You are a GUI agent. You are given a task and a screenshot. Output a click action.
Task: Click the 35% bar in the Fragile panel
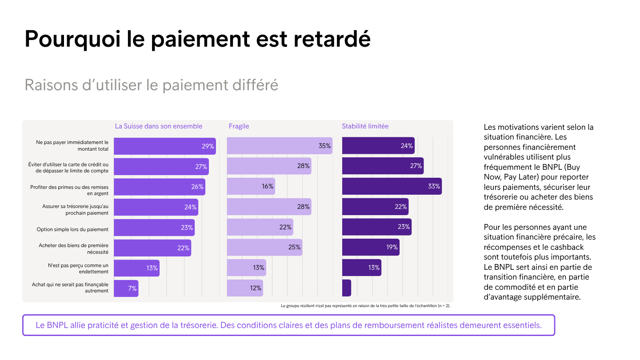point(280,146)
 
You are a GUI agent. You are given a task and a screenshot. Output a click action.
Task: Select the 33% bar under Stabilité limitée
point(392,186)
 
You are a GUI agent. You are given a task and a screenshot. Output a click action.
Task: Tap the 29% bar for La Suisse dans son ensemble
point(165,146)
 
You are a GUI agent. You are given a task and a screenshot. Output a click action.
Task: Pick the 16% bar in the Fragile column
point(251,186)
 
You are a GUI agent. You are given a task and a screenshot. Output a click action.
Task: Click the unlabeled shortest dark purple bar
point(347,288)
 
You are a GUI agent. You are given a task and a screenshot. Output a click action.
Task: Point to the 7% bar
point(126,288)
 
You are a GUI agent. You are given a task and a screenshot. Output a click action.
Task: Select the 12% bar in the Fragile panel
point(245,288)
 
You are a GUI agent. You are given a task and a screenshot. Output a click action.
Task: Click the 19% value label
point(392,247)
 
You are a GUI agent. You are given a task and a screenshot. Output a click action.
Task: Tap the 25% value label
point(294,247)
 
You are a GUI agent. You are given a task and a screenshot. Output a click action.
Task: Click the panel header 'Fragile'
point(239,126)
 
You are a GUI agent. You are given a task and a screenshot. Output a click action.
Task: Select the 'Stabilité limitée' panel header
point(365,126)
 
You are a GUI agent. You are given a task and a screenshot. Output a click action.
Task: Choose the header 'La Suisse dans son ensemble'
point(159,126)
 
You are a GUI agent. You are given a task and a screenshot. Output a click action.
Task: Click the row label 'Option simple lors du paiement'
point(72,229)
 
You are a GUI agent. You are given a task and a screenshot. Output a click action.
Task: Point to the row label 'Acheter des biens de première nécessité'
point(73,248)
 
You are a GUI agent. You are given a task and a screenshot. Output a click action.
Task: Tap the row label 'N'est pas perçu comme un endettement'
point(78,268)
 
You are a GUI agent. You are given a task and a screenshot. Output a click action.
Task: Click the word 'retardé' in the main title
point(332,39)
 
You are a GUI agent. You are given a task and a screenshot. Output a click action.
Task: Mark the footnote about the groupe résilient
point(365,306)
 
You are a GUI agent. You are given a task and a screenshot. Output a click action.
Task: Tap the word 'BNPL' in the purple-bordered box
point(57,325)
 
